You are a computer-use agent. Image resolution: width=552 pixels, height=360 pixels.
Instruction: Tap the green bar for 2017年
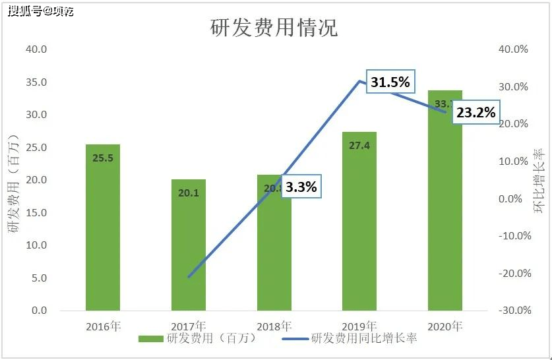click(x=189, y=245)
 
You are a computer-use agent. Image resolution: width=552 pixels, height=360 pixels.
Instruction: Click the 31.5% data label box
click(x=390, y=82)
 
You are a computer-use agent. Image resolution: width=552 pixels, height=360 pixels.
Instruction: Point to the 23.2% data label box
click(x=475, y=113)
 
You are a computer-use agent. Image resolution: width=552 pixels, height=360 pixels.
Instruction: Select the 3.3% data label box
click(x=301, y=187)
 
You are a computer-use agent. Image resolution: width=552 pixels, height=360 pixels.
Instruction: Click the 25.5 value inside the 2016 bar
click(x=103, y=158)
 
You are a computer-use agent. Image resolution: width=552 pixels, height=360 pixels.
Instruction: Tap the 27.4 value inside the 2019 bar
click(x=359, y=146)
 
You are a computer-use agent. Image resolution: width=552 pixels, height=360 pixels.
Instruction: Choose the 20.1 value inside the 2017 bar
click(x=189, y=193)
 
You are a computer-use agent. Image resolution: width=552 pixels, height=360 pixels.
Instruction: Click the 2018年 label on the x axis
click(x=274, y=326)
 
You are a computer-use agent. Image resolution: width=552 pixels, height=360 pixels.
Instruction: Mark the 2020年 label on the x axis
click(x=445, y=326)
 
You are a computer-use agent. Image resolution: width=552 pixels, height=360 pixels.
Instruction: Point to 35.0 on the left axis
click(x=36, y=82)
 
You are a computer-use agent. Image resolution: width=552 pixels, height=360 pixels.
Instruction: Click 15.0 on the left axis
click(x=36, y=212)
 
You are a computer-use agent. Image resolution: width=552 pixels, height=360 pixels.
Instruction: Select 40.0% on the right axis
click(x=514, y=49)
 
